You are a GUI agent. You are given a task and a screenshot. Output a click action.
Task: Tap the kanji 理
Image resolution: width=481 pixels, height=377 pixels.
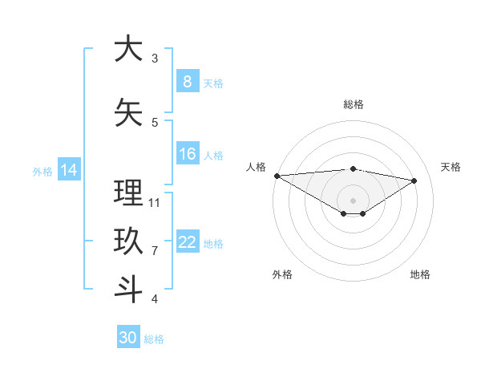(x=128, y=193)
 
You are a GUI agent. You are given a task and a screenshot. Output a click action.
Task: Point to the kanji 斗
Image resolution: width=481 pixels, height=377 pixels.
(x=128, y=289)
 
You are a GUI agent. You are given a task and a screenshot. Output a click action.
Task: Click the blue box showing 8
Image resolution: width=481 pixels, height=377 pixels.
(x=188, y=82)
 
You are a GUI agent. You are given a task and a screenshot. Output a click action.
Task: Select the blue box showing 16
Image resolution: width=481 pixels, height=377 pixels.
(x=188, y=155)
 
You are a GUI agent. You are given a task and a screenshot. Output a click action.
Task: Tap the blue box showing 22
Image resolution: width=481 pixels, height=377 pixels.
(x=188, y=243)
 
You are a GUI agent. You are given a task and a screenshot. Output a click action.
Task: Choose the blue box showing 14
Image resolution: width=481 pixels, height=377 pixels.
(x=69, y=170)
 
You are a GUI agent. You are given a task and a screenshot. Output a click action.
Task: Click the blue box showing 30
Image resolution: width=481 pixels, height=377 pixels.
(x=128, y=338)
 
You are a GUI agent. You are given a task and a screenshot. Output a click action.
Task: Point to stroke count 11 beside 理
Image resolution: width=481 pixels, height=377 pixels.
(x=155, y=202)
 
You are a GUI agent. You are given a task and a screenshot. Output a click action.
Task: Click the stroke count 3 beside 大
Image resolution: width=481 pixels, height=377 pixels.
(x=155, y=59)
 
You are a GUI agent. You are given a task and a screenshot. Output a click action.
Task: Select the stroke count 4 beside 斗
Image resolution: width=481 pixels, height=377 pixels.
(x=155, y=299)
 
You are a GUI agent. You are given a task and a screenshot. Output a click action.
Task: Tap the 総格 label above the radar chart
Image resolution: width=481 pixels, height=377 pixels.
(x=353, y=104)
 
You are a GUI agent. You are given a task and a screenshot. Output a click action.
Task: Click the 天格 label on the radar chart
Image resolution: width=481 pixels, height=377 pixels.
(x=451, y=167)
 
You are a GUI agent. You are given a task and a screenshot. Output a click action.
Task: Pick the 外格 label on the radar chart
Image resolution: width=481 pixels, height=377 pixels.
(x=282, y=274)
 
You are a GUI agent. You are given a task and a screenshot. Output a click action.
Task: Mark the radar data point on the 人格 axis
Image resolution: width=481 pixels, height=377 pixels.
(x=277, y=176)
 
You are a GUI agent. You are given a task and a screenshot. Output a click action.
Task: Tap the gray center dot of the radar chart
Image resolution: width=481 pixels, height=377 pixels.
(x=353, y=200)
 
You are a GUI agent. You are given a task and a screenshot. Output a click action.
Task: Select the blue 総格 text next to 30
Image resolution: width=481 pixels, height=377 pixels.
(x=154, y=339)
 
